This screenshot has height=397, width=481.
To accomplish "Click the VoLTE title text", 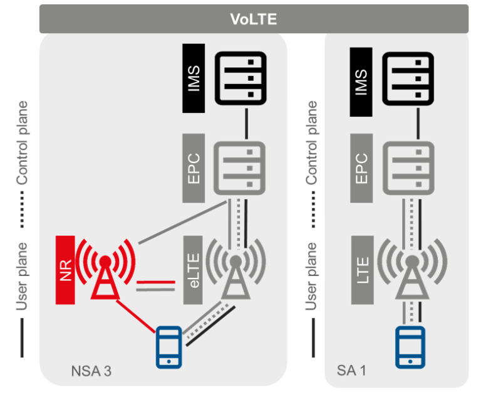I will coord(253,19).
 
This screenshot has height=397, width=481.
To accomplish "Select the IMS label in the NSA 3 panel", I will coord(194,78).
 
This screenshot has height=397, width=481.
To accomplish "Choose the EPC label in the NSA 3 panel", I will coord(194,167).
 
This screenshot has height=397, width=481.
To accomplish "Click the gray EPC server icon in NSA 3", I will coord(239,167).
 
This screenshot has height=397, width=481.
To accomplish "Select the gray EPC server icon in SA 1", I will coord(409,167).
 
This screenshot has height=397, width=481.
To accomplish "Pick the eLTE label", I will coord(194,270).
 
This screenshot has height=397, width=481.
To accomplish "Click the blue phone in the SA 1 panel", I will coord(410,346).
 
